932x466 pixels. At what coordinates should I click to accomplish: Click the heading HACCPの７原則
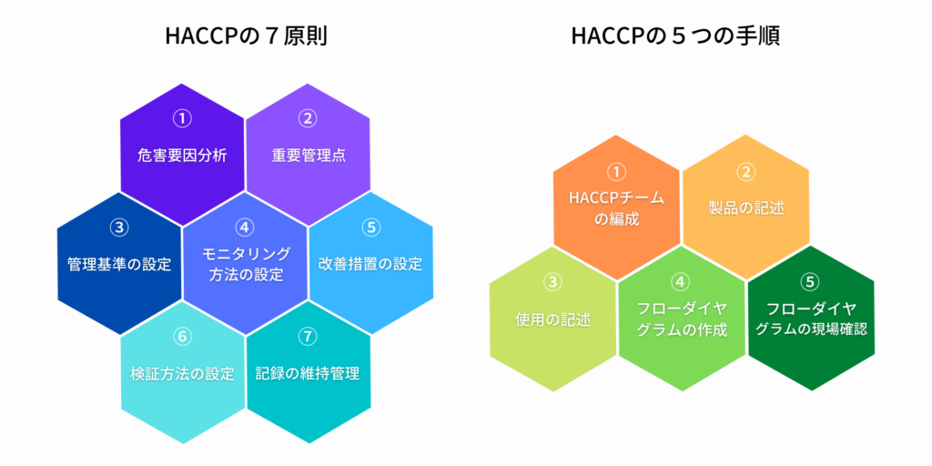click(x=246, y=36)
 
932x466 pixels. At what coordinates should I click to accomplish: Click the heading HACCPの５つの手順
click(x=675, y=36)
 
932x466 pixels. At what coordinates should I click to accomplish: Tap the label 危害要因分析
click(x=182, y=157)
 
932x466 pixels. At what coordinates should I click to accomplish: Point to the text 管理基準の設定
click(x=119, y=265)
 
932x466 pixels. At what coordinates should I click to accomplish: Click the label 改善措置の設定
click(x=370, y=265)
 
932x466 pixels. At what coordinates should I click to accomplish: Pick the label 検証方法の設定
click(x=182, y=374)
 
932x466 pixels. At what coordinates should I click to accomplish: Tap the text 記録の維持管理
click(x=308, y=374)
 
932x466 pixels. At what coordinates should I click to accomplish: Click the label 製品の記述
click(x=746, y=208)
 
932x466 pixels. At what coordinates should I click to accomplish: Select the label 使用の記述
click(x=552, y=319)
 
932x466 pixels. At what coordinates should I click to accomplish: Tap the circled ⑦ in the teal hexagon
click(x=308, y=337)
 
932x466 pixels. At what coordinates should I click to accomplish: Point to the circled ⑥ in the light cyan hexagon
click(x=182, y=337)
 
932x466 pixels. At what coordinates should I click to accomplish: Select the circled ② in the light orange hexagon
click(x=745, y=171)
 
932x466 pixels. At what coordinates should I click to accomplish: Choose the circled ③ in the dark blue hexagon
click(x=119, y=228)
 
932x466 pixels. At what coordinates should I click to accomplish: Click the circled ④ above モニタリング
click(x=244, y=228)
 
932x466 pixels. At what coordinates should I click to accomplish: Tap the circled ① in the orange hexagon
click(x=616, y=172)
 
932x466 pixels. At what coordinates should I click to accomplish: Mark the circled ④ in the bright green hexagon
click(x=681, y=282)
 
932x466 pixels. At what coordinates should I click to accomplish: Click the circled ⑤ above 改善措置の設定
click(x=370, y=228)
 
